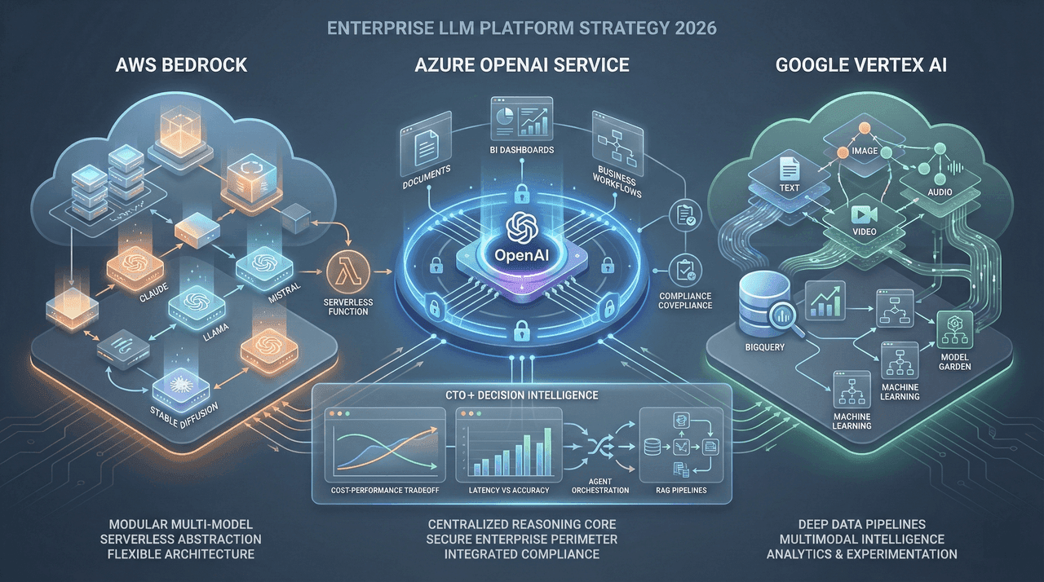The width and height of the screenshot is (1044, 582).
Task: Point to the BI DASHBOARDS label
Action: point(522,150)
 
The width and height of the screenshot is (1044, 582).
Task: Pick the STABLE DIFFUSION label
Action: point(178,408)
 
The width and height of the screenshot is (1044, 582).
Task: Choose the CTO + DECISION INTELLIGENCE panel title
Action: point(522,395)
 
